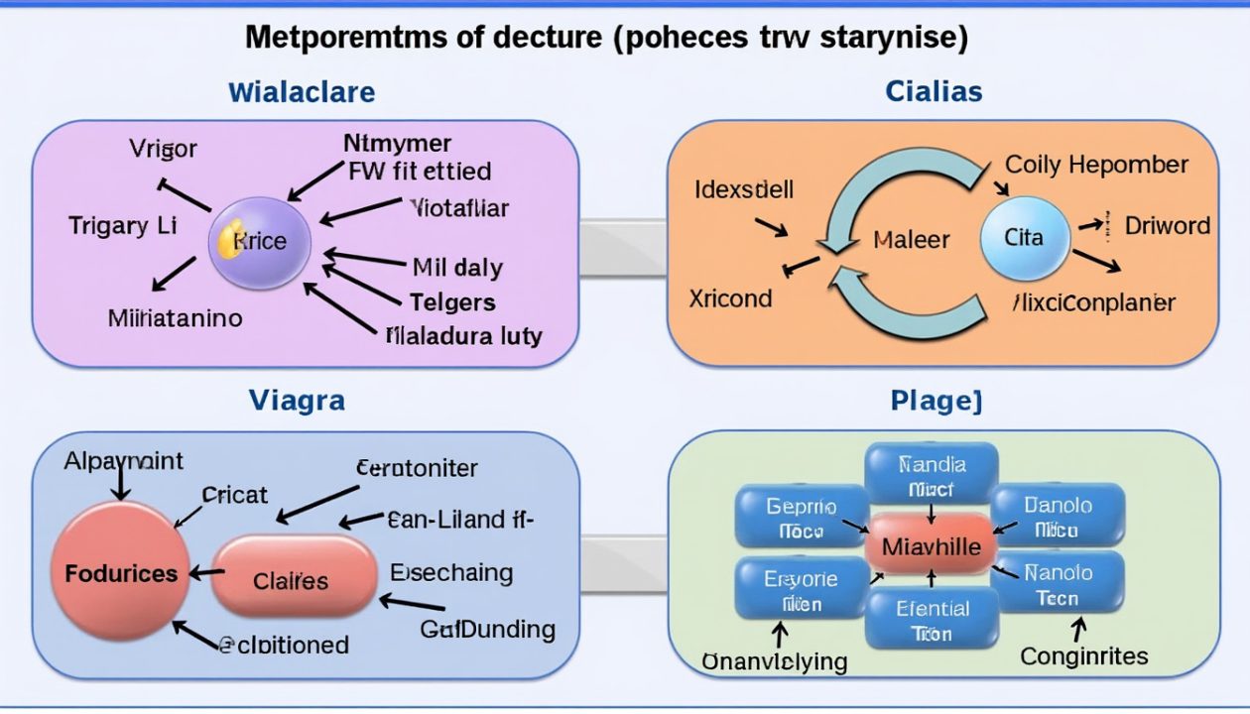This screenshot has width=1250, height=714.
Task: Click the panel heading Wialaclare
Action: tap(302, 93)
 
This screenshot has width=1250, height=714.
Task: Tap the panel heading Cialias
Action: tap(934, 92)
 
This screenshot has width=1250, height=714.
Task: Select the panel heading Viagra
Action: tap(297, 401)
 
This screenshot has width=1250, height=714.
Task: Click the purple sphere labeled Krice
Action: tap(261, 241)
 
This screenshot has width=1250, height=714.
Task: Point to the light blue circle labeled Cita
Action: tap(1025, 238)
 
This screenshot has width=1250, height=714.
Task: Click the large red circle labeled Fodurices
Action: tap(120, 573)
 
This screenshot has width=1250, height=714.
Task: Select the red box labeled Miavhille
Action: tap(931, 546)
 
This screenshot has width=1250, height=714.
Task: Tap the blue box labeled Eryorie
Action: tap(802, 590)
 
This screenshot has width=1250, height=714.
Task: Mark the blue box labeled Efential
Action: tap(932, 620)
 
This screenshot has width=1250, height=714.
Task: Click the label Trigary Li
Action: tap(122, 225)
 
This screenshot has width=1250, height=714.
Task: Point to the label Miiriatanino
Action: tap(176, 318)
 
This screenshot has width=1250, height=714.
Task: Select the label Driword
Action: tap(1167, 225)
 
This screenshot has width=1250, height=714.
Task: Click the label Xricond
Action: tap(730, 297)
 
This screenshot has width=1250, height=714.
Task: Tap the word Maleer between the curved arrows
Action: tap(911, 239)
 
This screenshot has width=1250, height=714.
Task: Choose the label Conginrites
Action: tap(1084, 655)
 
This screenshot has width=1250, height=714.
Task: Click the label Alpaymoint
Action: tap(123, 461)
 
